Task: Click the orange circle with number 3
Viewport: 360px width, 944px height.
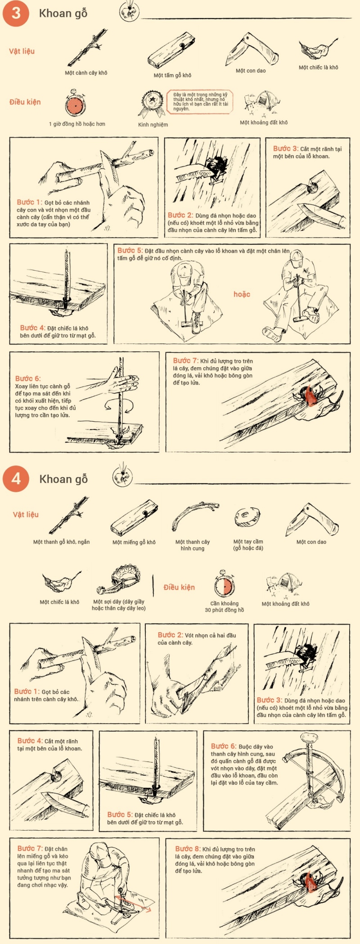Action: [x=16, y=13]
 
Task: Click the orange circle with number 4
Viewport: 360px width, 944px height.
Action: [x=16, y=478]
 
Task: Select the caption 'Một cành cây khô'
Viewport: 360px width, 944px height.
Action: [x=86, y=73]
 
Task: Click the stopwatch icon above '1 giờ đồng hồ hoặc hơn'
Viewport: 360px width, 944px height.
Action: [x=75, y=104]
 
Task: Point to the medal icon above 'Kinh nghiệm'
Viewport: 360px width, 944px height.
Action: [x=153, y=103]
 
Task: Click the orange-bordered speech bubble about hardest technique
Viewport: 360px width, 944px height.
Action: [x=201, y=102]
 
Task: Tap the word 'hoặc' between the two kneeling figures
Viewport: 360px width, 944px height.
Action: [x=242, y=294]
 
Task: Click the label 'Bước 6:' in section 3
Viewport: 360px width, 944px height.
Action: [x=27, y=378]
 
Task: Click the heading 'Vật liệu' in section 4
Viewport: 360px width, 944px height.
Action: [x=26, y=514]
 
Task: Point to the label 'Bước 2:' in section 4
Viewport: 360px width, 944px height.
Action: [x=170, y=635]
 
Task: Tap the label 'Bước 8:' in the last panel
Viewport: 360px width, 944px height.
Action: [x=188, y=849]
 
